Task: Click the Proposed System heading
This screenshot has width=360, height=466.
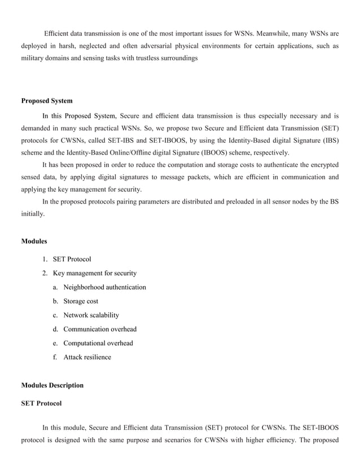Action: pyautogui.click(x=47, y=101)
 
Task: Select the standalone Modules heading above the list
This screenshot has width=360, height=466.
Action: pyautogui.click(x=34, y=241)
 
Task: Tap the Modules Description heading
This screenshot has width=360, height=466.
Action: pyautogui.click(x=52, y=385)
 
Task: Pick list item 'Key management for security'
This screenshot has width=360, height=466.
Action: pyautogui.click(x=94, y=274)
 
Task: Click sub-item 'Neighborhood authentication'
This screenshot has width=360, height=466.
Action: pyautogui.click(x=104, y=287)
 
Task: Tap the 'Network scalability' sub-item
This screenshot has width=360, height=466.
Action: pyautogui.click(x=91, y=315)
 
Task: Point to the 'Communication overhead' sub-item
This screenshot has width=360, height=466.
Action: pyautogui.click(x=100, y=329)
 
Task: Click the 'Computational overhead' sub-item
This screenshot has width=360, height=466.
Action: pyautogui.click(x=98, y=343)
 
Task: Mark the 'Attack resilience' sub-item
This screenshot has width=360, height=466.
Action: pyautogui.click(x=87, y=357)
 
